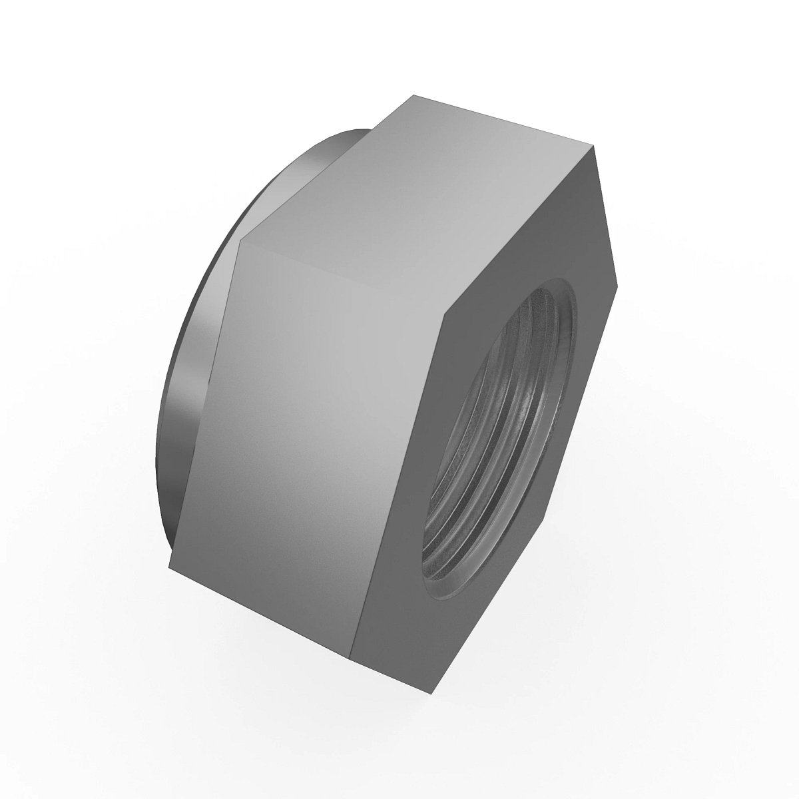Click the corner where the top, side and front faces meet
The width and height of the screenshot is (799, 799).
[439, 321]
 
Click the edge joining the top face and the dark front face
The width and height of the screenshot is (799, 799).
[516, 233]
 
